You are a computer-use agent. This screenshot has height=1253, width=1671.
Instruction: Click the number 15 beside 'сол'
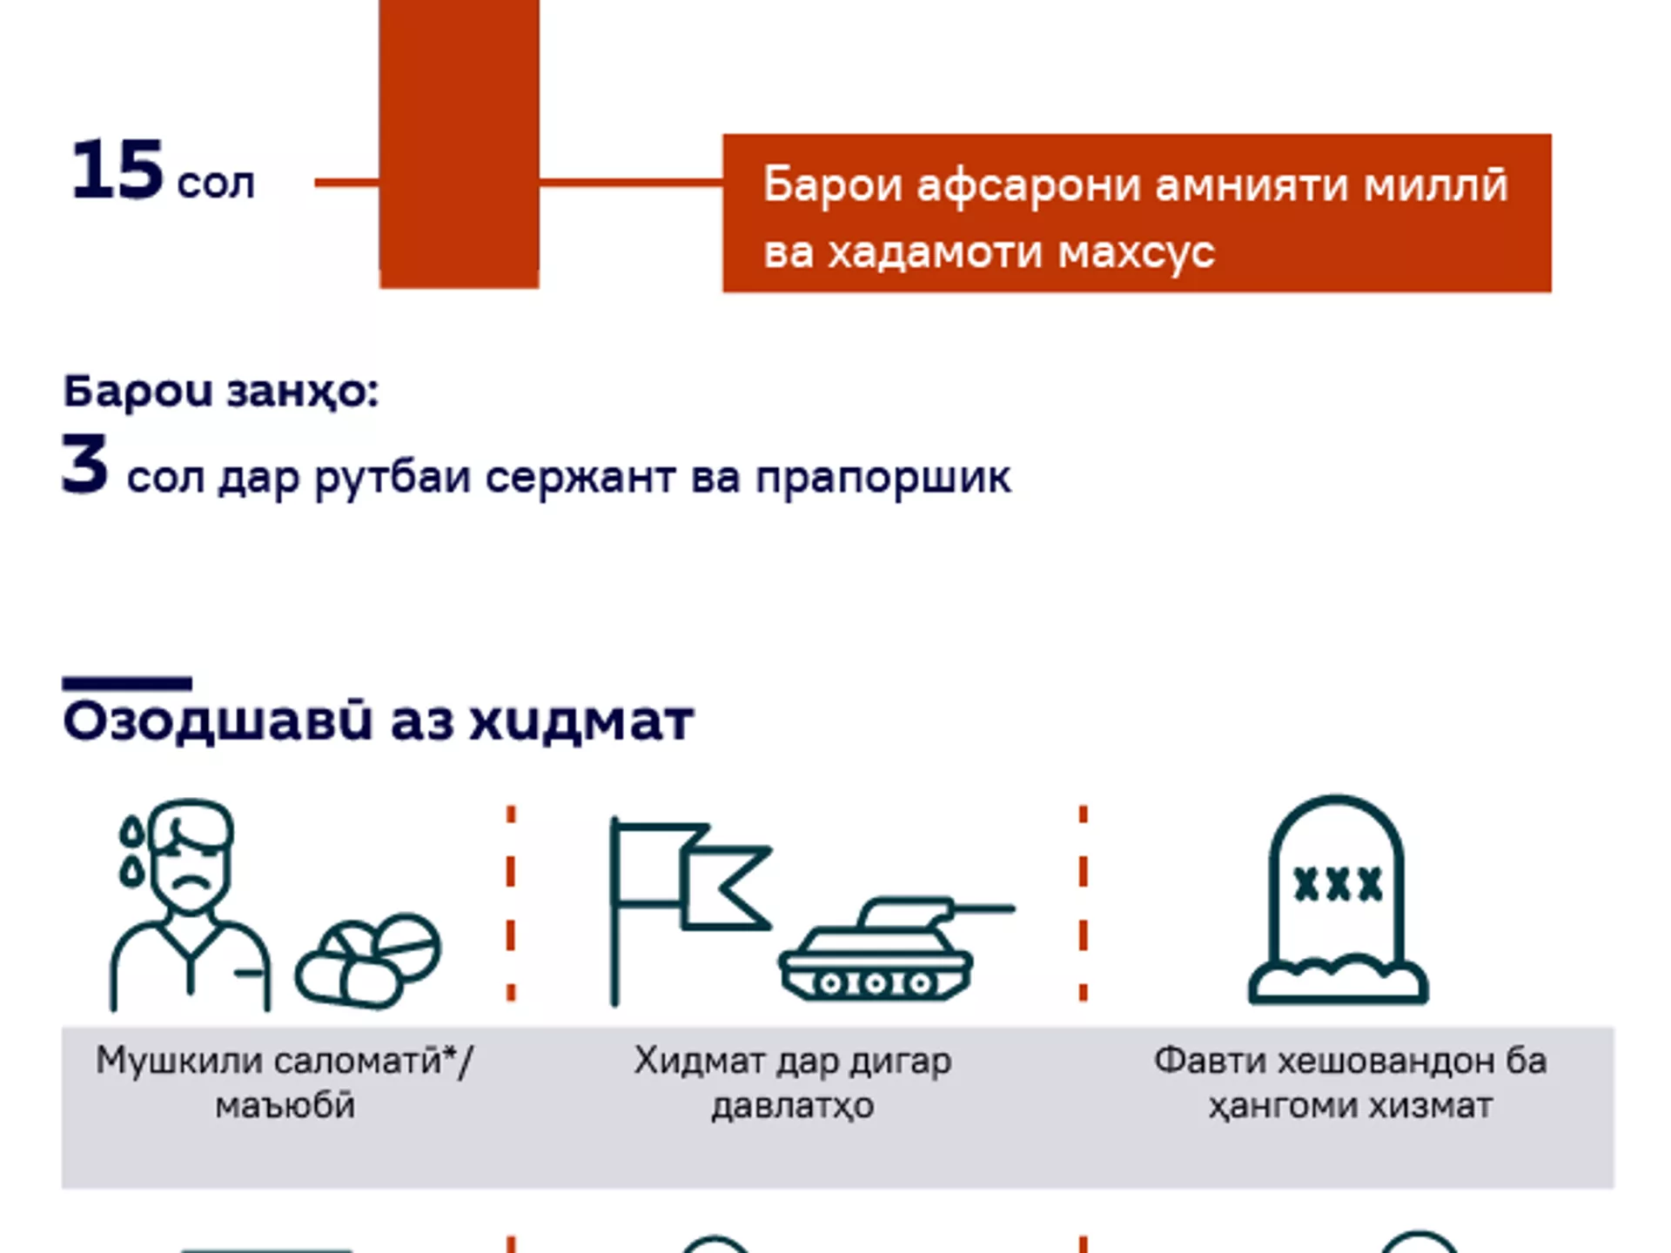(x=117, y=170)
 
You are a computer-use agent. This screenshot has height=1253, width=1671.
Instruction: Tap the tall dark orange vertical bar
(x=460, y=144)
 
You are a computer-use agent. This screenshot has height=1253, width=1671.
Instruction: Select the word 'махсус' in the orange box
(x=1137, y=252)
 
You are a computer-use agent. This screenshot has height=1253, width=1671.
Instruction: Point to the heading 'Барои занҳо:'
(x=221, y=392)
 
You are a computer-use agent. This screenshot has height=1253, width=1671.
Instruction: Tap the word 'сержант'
(x=580, y=478)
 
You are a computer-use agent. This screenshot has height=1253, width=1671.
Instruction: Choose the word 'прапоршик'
(x=883, y=478)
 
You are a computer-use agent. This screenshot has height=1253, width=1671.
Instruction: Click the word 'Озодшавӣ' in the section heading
(x=218, y=721)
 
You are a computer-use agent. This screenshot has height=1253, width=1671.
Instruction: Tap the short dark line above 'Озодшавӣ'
(x=127, y=683)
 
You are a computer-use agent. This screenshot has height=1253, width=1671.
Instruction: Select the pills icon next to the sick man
(x=368, y=961)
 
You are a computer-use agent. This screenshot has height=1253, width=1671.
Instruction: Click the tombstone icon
(x=1338, y=899)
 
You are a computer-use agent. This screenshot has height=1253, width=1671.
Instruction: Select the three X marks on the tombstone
(x=1338, y=884)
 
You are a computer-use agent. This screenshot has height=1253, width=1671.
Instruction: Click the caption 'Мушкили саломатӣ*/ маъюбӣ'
(x=285, y=1083)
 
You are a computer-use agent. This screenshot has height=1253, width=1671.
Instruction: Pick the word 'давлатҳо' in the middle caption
(x=793, y=1107)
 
